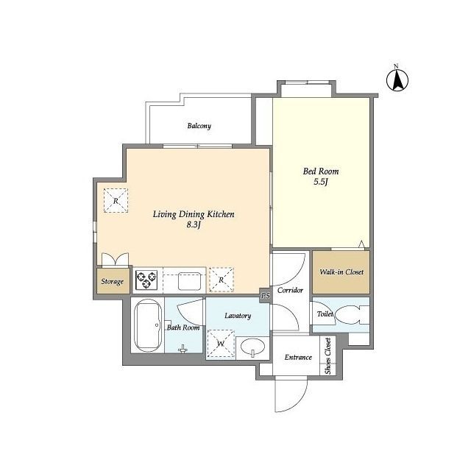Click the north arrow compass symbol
pos(397,79)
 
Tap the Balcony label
pos(199,126)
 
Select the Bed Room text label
pos(321,171)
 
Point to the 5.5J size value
pos(321,182)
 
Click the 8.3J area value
pos(194,224)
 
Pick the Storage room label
pos(112,281)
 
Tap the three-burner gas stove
pos(146,280)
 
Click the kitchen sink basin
pos(189,281)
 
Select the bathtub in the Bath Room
pos(147,325)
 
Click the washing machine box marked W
pos(221,344)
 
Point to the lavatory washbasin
pos(252,347)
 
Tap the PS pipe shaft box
pos(265,296)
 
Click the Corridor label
pos(290,290)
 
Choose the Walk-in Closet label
pos(341,272)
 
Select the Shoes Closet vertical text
pos(327,356)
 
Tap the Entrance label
pos(298,357)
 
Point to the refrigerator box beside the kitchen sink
pos(222,280)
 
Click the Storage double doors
pos(115,260)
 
